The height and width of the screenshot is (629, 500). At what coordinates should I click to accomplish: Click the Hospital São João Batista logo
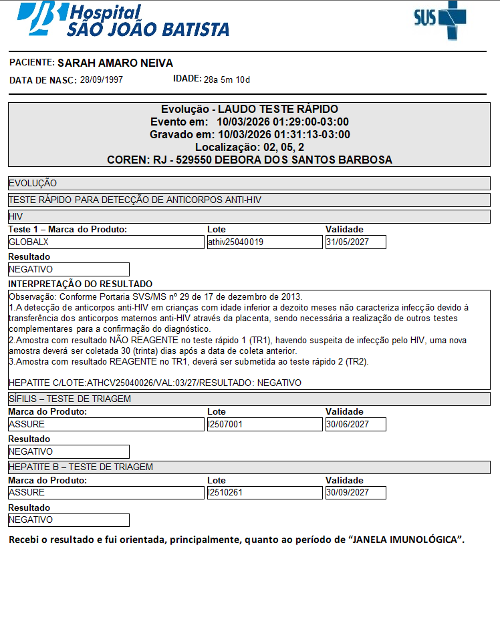point(124,20)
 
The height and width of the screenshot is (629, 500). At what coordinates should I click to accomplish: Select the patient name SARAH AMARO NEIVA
point(116,63)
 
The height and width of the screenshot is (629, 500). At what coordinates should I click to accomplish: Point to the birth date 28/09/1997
point(102,80)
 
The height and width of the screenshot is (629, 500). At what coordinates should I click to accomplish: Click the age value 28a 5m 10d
point(227,80)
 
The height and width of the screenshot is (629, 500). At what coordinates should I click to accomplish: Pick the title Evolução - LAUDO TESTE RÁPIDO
point(249,109)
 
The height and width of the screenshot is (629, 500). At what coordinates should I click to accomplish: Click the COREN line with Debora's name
point(249,160)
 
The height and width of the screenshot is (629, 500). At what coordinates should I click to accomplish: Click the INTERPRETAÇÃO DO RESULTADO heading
point(80,284)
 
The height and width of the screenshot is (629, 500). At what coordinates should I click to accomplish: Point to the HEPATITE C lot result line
point(155,383)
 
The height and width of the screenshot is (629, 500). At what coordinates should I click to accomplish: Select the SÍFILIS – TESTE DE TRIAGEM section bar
point(249,399)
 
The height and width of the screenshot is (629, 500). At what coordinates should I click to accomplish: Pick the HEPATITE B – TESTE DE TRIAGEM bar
point(249,467)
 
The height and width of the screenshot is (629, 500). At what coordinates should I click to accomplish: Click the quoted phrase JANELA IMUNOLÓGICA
point(405,540)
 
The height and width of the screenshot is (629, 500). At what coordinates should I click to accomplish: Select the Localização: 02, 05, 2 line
point(249,147)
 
